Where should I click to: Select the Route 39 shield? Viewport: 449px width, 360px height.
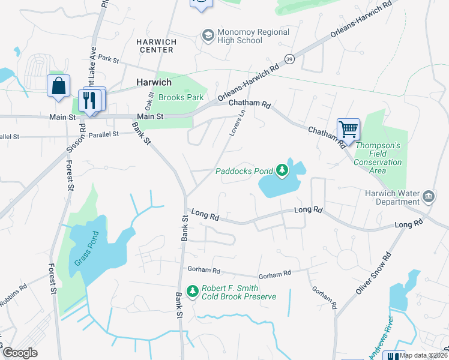coord(290,59)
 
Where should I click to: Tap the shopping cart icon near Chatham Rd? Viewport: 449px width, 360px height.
coord(348,128)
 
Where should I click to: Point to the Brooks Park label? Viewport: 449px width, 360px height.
coord(181,97)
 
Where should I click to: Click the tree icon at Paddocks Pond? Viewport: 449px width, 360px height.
coord(282,171)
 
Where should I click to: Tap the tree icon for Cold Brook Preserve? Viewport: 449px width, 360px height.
coord(193,292)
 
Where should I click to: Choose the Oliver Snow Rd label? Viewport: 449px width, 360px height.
coord(373,274)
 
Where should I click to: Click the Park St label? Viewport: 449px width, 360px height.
coord(109,61)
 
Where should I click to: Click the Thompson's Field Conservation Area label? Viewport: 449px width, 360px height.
coord(378,158)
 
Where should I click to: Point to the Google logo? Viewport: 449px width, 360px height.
coord(20,353)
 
